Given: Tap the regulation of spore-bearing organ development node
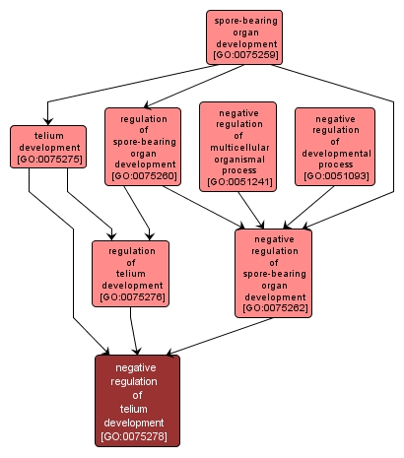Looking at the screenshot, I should click(143, 147).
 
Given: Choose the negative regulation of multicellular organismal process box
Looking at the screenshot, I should click(237, 145).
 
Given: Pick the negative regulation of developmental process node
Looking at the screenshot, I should click(335, 147).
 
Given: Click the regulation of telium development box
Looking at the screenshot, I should click(131, 273).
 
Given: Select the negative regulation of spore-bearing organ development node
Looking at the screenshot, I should click(273, 273).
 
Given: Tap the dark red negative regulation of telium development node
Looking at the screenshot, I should click(137, 401).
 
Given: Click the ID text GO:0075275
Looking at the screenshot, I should click(46, 158).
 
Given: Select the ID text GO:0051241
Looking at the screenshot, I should click(237, 182).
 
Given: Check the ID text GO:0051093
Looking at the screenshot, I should click(335, 175).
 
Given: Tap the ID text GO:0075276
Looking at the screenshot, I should click(131, 296).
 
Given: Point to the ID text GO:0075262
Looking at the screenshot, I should click(273, 308).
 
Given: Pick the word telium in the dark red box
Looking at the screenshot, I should click(137, 408).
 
